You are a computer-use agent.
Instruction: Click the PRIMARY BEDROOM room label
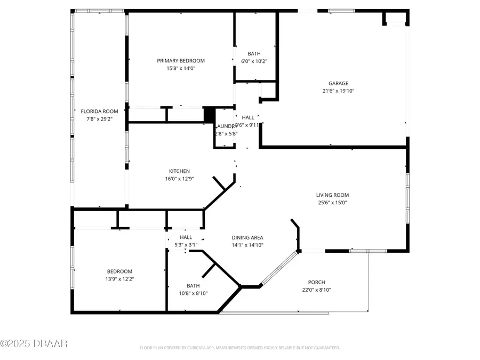click(x=180, y=61)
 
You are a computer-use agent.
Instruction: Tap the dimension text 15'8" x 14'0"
click(x=180, y=68)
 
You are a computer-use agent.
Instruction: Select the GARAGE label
click(x=338, y=83)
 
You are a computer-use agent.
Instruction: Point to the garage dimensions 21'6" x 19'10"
click(x=338, y=91)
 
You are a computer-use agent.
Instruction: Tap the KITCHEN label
click(x=179, y=171)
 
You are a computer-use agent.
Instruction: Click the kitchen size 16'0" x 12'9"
click(x=179, y=179)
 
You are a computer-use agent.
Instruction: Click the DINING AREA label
click(x=247, y=238)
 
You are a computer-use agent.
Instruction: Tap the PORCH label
click(x=316, y=283)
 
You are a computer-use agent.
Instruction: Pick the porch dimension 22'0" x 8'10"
click(x=316, y=290)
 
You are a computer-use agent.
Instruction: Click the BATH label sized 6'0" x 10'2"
click(x=254, y=54)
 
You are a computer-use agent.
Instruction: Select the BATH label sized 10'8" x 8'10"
click(x=193, y=286)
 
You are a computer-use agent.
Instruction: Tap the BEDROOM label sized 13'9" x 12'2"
click(x=119, y=271)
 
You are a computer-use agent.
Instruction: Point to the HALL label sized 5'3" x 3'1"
click(x=186, y=237)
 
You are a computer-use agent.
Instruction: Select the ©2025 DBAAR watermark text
click(x=34, y=343)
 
